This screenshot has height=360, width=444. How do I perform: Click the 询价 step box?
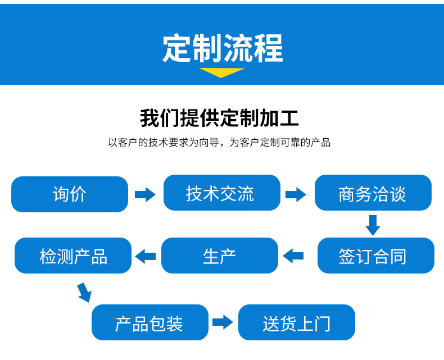pos(70,194)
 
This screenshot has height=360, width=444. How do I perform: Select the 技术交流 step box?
pos(222,193)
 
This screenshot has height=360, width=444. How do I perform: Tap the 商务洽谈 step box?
pos(373,193)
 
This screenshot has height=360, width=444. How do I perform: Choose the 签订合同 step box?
pos(376,256)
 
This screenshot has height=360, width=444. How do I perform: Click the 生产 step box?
pos(220,256)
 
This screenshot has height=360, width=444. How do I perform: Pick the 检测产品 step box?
pos(73,256)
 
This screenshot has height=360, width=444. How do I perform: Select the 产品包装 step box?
pos(150,322)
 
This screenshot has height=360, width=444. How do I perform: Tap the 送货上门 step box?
pos(297,322)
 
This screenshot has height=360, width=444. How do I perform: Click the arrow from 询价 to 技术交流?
pos(145,194)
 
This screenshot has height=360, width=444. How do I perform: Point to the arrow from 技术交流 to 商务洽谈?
pos(296,194)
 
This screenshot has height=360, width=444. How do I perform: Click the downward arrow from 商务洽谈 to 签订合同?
pos(373,225)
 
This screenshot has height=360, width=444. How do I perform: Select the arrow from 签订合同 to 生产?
pos(293,256)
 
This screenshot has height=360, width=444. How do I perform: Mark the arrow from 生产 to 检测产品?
pos(145,256)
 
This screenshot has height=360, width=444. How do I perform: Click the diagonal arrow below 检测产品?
pos(85,293)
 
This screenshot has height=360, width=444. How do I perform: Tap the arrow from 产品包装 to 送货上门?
pos(223,322)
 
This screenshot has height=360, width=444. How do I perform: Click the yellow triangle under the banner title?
pos(221,72)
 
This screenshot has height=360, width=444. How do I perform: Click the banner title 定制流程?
pos(223,48)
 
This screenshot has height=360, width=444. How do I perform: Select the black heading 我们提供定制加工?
pos(219,118)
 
